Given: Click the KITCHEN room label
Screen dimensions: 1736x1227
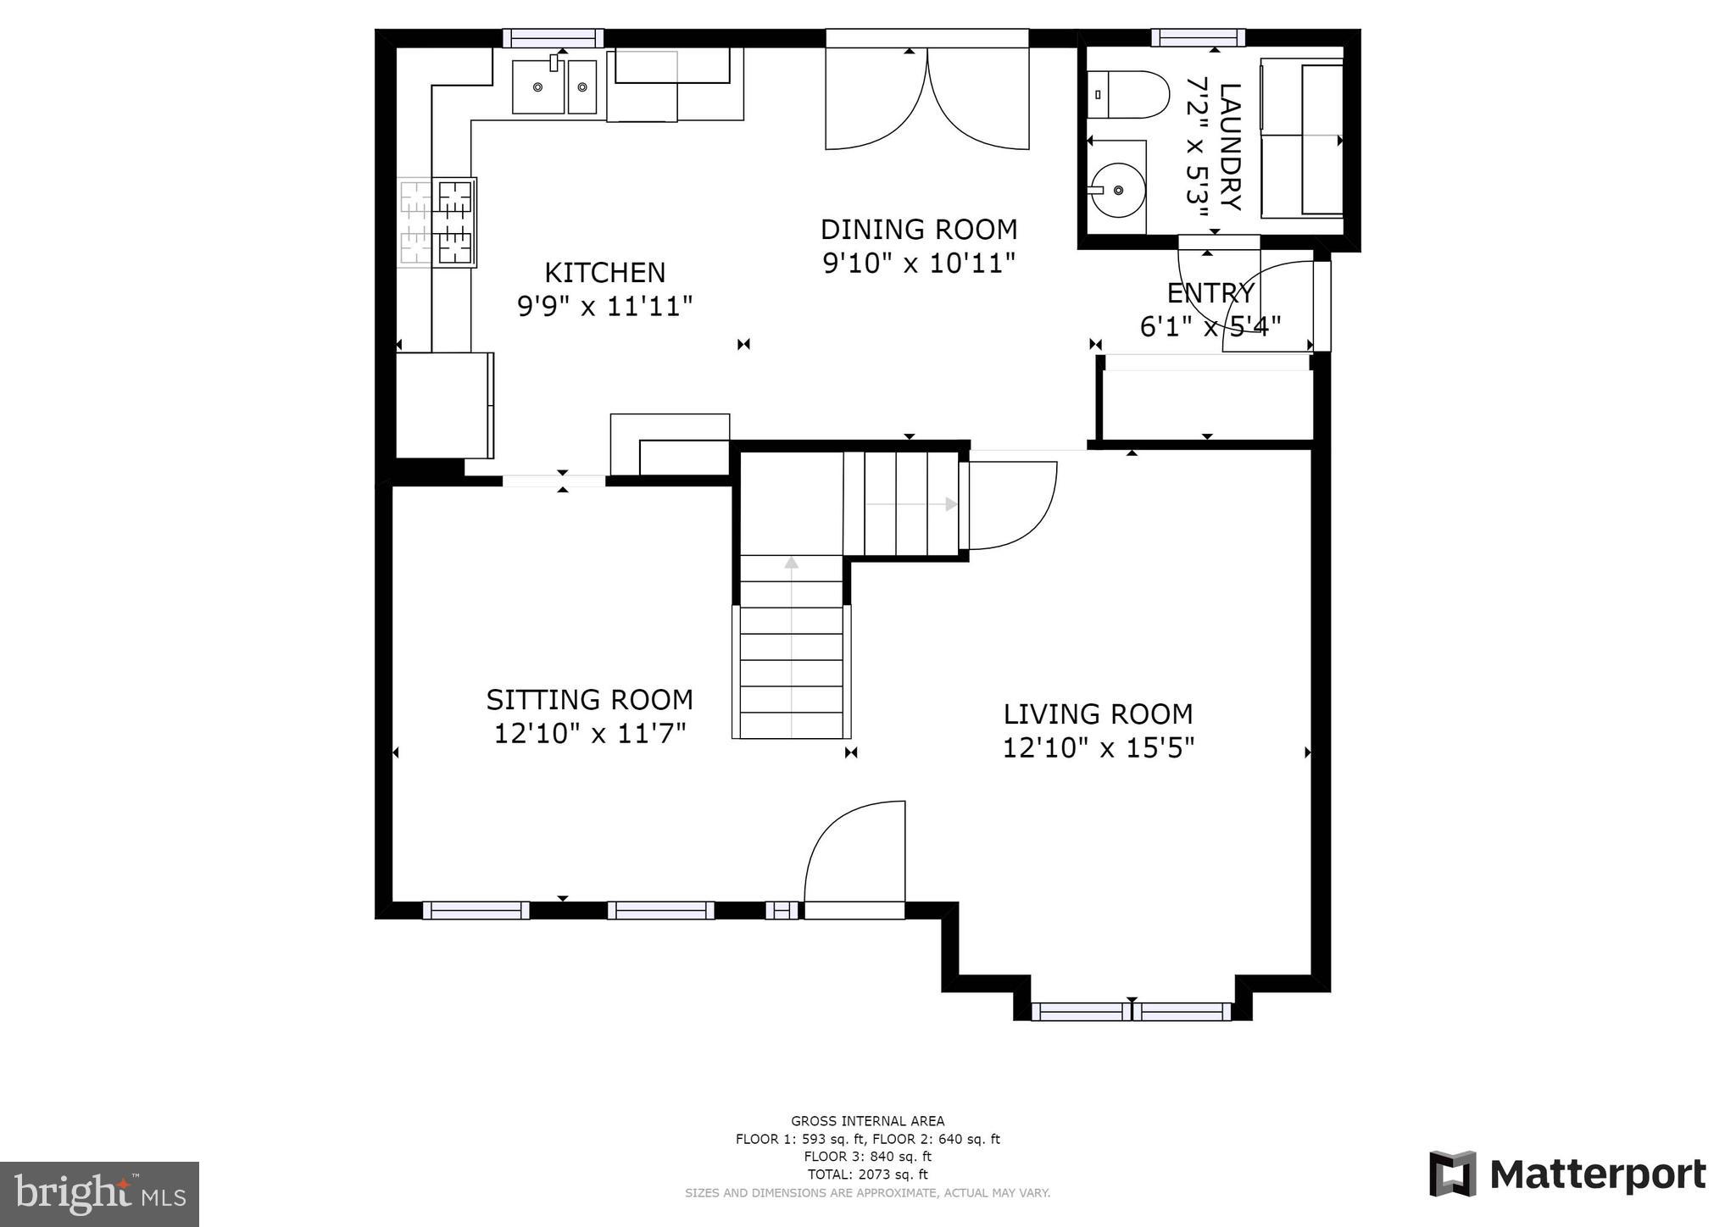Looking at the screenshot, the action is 604,273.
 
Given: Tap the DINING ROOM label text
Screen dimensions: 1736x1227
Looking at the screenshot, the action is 919,230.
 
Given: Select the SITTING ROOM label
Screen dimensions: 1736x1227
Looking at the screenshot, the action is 589,700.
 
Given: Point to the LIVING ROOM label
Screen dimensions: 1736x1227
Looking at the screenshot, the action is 1098,714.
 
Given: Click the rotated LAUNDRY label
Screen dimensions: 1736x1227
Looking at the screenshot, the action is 1230,147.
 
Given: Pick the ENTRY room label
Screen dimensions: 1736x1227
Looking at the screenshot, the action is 1210,293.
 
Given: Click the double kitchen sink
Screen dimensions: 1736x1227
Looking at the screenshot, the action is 554,86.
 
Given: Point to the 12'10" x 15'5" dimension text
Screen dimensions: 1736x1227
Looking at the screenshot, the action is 1099,748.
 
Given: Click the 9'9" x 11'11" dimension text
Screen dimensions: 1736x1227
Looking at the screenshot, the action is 605,306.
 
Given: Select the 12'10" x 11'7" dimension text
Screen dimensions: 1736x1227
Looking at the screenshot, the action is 590,733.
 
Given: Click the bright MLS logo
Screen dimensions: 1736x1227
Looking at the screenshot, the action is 100,1194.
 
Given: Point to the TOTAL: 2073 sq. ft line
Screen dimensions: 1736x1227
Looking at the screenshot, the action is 867,1174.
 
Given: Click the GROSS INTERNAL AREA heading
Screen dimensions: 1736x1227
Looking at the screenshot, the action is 867,1121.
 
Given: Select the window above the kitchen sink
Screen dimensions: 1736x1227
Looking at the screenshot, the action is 553,38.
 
